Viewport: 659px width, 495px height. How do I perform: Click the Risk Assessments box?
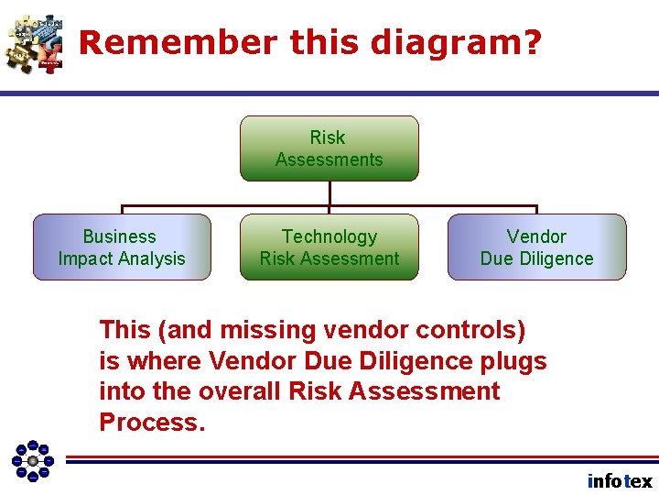(x=329, y=148)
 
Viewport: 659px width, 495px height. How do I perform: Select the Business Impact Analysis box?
(x=122, y=247)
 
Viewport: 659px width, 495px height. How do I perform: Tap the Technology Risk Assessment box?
(x=329, y=247)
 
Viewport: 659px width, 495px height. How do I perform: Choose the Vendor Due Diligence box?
(x=536, y=247)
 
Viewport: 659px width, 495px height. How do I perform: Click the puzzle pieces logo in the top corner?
(x=35, y=43)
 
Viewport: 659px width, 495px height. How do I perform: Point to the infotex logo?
(x=620, y=481)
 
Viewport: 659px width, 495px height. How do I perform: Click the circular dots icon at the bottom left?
(x=33, y=460)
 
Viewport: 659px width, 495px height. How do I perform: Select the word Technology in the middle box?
(x=329, y=236)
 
